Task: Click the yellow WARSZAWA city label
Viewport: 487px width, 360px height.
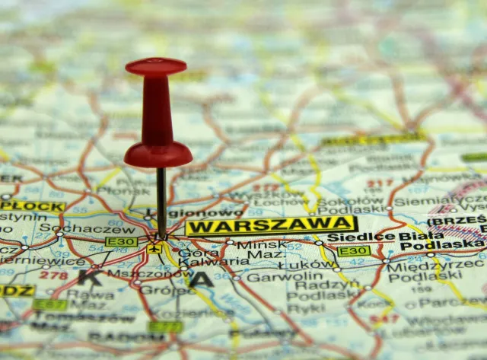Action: point(270,225)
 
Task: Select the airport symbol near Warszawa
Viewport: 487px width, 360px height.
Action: point(155,247)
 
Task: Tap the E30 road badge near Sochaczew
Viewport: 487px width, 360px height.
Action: point(122,242)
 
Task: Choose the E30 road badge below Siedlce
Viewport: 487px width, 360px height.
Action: point(354,250)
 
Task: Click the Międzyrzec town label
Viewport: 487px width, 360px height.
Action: point(434,264)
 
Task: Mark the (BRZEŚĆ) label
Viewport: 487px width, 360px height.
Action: point(457,221)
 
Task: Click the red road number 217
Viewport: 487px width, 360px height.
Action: point(379,183)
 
